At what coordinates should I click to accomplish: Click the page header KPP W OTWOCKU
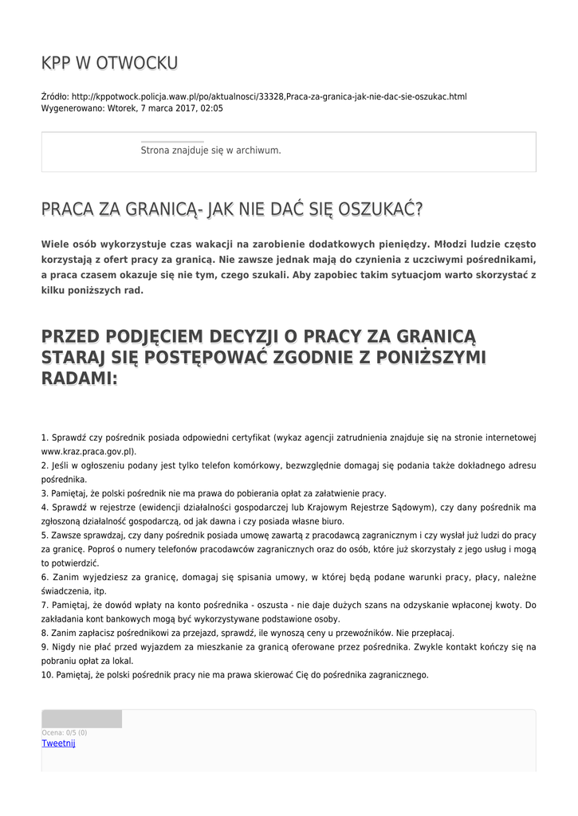coord(109,63)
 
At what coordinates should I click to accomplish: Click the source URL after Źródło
coord(269,96)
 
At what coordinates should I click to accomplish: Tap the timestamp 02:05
coord(211,108)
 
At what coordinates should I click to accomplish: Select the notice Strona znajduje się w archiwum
coord(210,150)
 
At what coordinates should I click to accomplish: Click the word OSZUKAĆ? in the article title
coord(380,210)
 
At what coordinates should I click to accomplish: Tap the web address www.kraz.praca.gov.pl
coord(88,450)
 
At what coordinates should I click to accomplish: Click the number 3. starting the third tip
coord(45,493)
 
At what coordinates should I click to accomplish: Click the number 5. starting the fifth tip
coord(45,535)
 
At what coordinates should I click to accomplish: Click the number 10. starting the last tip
coord(47,674)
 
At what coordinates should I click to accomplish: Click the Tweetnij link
coord(58,743)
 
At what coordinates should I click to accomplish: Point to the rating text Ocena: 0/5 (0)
coord(65,732)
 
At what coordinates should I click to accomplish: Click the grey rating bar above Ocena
coord(81,719)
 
